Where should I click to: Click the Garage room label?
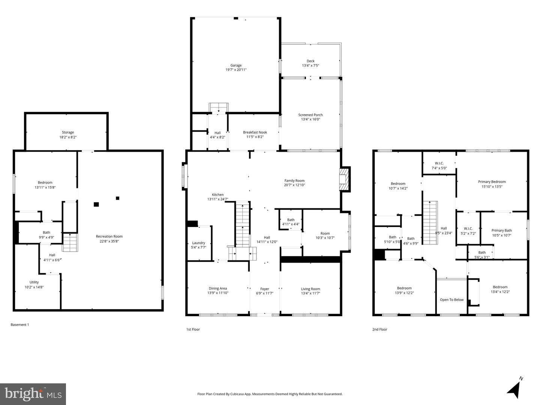(x=236, y=65)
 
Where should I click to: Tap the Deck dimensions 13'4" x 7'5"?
(x=310, y=66)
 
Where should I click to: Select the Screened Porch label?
(x=310, y=115)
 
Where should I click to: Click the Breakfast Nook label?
(x=255, y=132)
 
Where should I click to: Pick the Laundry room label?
(x=199, y=243)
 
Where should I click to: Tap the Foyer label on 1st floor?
(x=265, y=289)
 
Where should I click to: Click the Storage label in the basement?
(x=68, y=132)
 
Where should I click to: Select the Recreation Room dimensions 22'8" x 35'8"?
(x=109, y=241)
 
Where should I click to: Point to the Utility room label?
(x=34, y=282)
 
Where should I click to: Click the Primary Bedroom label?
(x=492, y=182)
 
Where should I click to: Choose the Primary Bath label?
(x=501, y=230)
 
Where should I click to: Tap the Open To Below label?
(x=451, y=300)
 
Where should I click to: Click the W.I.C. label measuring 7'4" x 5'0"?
(x=439, y=163)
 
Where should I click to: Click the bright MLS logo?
(x=33, y=394)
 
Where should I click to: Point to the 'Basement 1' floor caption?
(x=20, y=325)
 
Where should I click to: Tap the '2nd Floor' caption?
(x=379, y=329)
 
